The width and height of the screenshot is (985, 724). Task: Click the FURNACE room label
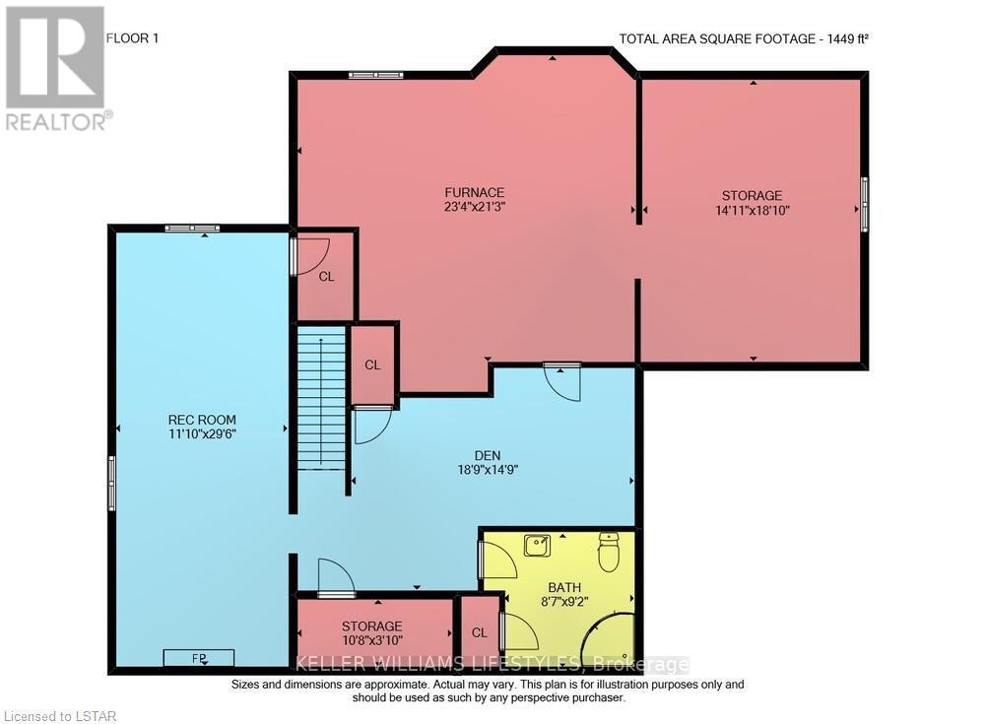click(x=474, y=192)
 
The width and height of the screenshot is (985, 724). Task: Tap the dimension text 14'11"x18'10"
click(x=753, y=210)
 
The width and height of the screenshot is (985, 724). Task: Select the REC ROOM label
click(x=202, y=420)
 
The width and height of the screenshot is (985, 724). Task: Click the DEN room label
click(x=487, y=455)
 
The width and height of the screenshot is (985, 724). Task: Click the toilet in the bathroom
click(x=609, y=552)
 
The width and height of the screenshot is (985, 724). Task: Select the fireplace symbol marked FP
click(x=198, y=657)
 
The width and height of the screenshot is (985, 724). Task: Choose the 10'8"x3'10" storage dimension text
click(x=371, y=641)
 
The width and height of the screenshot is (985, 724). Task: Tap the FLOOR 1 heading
click(x=131, y=38)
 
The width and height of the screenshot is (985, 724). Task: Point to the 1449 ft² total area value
click(x=843, y=39)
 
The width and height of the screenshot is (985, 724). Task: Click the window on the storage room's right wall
click(x=865, y=203)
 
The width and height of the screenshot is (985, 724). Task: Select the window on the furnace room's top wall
click(x=375, y=74)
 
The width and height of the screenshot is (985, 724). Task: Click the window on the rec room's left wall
click(x=112, y=483)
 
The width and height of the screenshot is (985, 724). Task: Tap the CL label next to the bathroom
click(x=480, y=632)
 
